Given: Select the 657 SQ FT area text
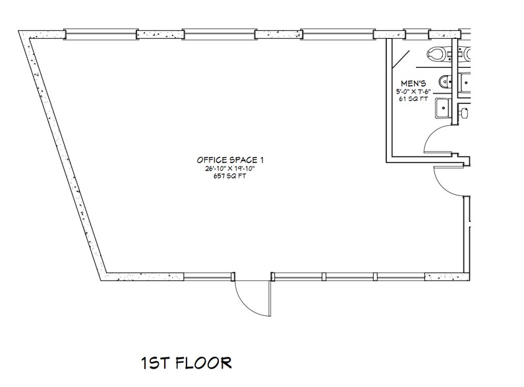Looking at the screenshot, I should click(226, 177).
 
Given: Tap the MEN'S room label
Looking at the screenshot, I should click(414, 83).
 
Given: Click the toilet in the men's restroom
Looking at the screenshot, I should click(437, 53).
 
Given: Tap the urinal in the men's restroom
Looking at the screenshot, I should click(445, 82).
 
